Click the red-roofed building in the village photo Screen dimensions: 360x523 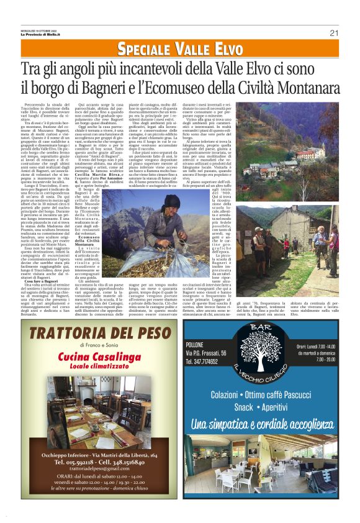[x=305, y=152]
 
